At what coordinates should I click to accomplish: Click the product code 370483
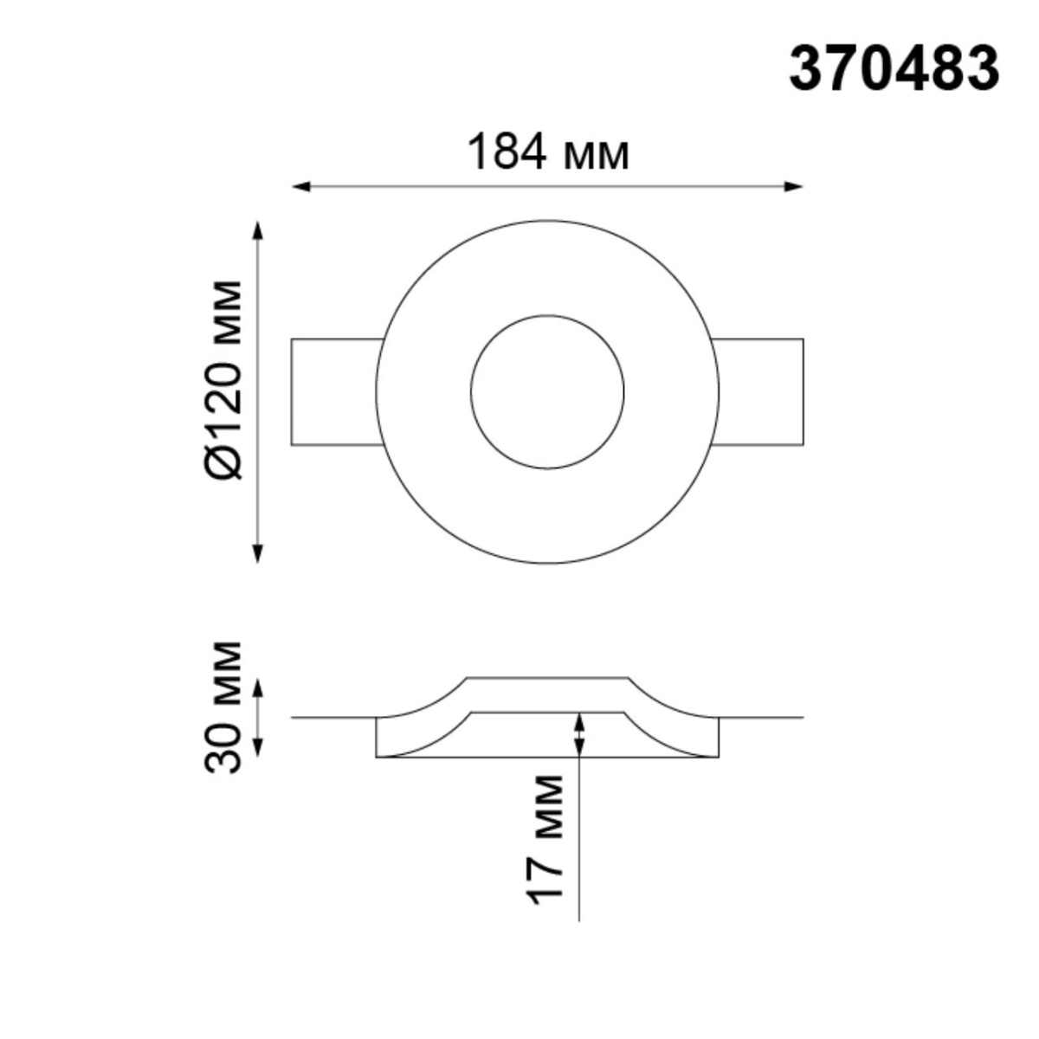click(x=894, y=69)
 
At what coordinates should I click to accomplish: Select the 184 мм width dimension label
click(x=547, y=153)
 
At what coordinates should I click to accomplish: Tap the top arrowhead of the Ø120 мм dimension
click(x=257, y=230)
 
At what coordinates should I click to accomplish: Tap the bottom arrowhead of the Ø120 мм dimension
click(x=257, y=554)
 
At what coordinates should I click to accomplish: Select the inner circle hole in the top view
click(x=547, y=392)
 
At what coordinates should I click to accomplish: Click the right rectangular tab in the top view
click(x=759, y=392)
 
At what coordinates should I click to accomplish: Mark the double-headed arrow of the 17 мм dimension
click(x=578, y=735)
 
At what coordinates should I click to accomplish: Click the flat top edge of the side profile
click(x=547, y=678)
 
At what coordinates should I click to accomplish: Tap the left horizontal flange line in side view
click(x=333, y=718)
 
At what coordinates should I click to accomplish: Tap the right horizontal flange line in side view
click(x=762, y=718)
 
